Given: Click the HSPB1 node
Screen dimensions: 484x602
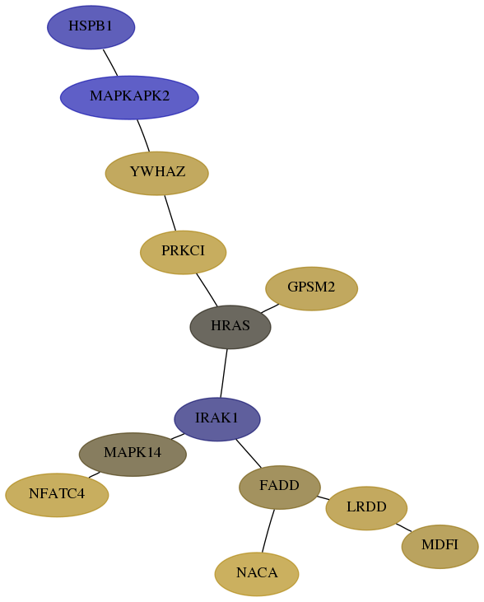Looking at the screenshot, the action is pos(91,27).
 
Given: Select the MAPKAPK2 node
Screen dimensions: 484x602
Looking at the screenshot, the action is pos(129,97).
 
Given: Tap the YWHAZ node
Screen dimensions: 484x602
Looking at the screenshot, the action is pos(157,173).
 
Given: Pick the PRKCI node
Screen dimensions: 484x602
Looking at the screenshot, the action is pos(183,252).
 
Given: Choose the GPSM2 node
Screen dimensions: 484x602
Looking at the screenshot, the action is pos(312,289).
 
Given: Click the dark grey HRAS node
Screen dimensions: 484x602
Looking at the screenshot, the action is pos(230,327).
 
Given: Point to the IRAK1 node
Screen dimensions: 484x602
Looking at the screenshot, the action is pos(217,419).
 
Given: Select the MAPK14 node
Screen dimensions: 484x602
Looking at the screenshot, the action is pos(133,455).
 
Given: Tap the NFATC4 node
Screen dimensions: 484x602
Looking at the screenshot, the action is pos(57,495).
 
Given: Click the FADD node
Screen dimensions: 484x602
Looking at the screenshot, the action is pos(280,488).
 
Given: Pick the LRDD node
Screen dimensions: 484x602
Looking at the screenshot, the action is pos(366,508).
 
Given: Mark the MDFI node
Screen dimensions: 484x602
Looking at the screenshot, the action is pos(440,546).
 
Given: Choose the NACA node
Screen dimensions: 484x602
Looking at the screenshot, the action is pos(257,574).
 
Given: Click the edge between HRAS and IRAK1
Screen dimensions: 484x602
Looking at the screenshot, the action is pos(224,373).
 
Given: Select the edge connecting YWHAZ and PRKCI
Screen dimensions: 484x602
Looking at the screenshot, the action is pos(170,213).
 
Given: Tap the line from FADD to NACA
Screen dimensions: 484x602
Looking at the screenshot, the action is pos(268,530).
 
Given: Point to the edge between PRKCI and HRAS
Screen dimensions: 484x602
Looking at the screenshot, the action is pos(207,290).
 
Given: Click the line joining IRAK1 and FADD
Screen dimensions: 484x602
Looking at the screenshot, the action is pos(249,454).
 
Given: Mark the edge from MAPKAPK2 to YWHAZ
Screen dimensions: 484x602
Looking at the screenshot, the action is pos(143,136).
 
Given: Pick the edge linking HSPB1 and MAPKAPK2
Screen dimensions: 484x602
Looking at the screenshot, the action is pos(110,63).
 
